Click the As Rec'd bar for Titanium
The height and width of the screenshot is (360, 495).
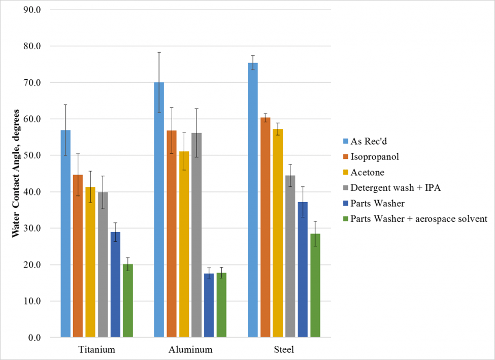click(65, 234)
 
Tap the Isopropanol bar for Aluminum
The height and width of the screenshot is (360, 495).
click(172, 234)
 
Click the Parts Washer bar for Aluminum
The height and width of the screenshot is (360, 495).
click(209, 305)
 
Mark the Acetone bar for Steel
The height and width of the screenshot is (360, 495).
click(278, 233)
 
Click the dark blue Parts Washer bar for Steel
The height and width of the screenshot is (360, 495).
click(303, 269)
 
